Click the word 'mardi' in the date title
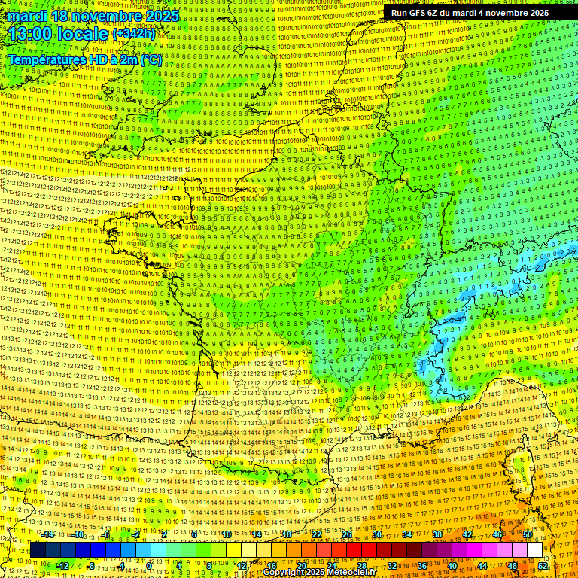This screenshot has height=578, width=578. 26,15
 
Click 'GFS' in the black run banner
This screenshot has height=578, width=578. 426,13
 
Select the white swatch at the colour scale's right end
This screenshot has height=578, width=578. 534,550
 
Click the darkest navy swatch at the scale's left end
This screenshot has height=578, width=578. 38,550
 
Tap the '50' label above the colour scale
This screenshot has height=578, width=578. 528,534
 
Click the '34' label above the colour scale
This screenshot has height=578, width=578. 407,534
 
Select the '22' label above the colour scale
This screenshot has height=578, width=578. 317,534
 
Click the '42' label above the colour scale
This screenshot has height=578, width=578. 467,534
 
